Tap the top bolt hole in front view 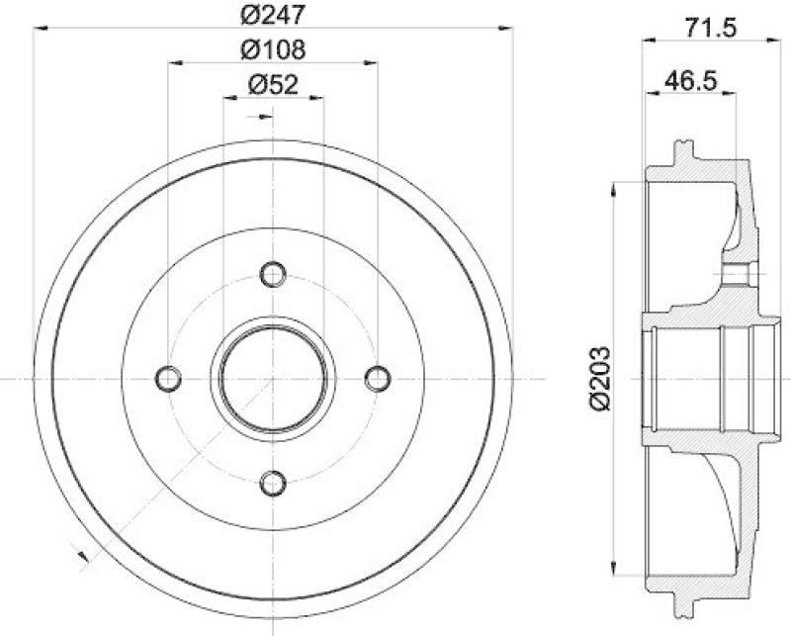[x=272, y=273]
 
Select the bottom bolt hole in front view [x=272, y=482]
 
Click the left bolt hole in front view [x=169, y=378]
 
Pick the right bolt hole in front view [x=377, y=378]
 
